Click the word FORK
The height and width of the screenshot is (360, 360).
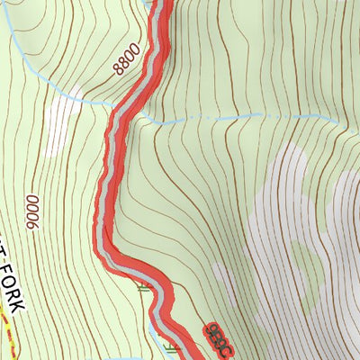pyautogui.click(x=15, y=284)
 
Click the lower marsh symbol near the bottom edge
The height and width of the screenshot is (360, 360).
pyautogui.click(x=173, y=344)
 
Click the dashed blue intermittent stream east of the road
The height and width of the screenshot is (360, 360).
pyautogui.click(x=234, y=118)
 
